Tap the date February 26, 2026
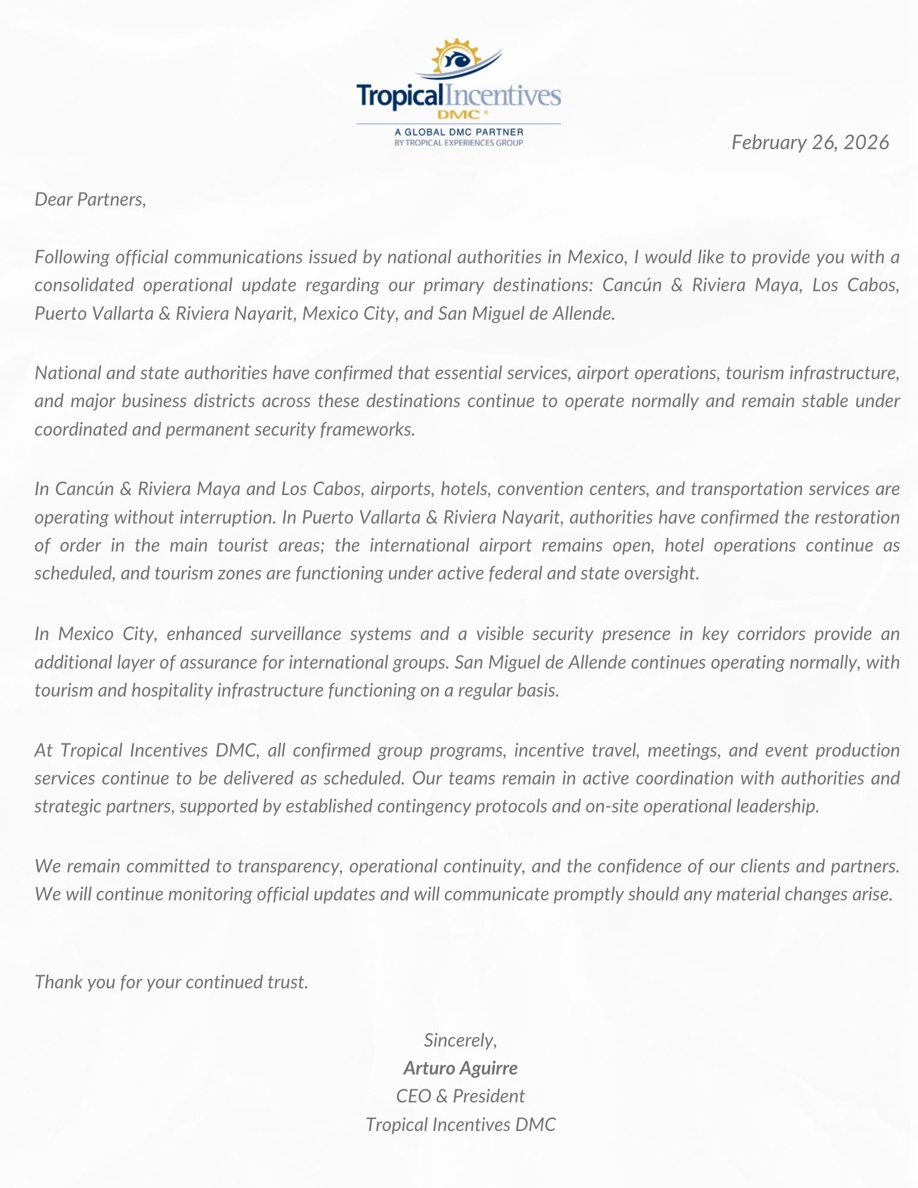(x=810, y=143)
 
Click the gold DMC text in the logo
(x=458, y=114)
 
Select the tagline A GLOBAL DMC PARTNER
(x=459, y=132)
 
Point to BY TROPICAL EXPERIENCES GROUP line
(x=459, y=143)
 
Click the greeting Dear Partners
(x=90, y=199)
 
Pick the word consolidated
(x=84, y=285)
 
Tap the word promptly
(x=588, y=894)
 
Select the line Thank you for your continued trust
(x=172, y=982)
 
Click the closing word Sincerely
(x=460, y=1040)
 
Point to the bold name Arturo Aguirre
(x=460, y=1068)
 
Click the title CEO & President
(x=460, y=1096)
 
